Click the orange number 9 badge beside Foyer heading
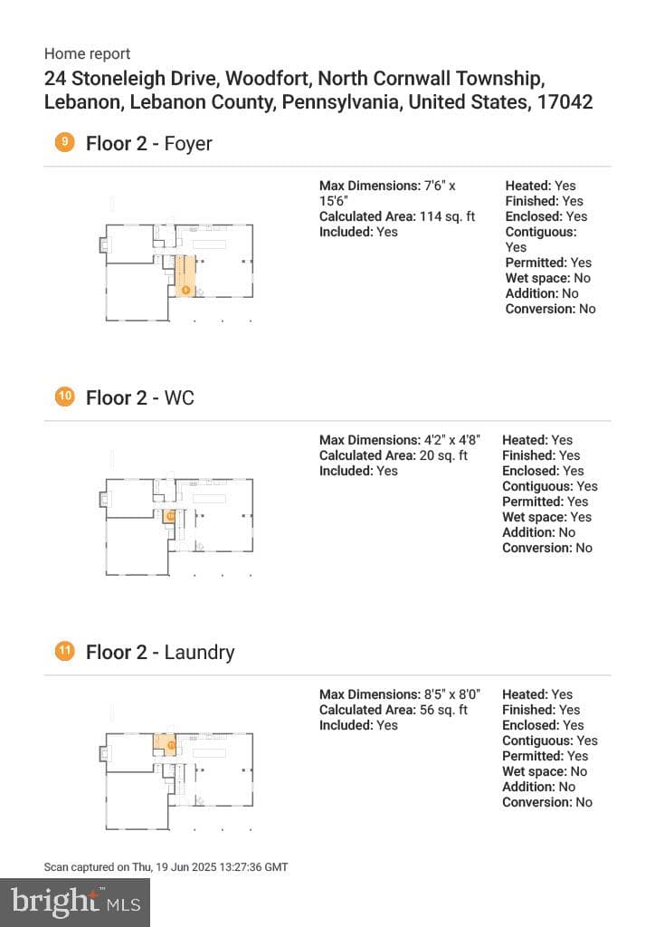coord(64,142)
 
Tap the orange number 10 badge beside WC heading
coord(64,397)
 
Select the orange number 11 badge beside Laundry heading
coord(64,651)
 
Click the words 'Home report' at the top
coord(87,53)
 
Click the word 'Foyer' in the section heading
coord(188,144)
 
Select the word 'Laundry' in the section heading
coord(199,652)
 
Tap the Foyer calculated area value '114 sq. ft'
coord(447,216)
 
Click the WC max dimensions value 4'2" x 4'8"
coord(451,440)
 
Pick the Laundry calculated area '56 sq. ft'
coord(443,710)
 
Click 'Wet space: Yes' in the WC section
coord(547,517)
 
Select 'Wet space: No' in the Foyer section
coord(548,278)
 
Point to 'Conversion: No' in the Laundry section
coord(547,802)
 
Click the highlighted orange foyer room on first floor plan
coord(185,275)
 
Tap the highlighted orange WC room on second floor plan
coord(169,516)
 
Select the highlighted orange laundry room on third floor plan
coord(165,742)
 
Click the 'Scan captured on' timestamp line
coord(166,866)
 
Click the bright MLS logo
coord(75,903)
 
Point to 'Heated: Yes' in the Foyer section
coord(540,186)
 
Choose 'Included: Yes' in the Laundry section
coord(358,725)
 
